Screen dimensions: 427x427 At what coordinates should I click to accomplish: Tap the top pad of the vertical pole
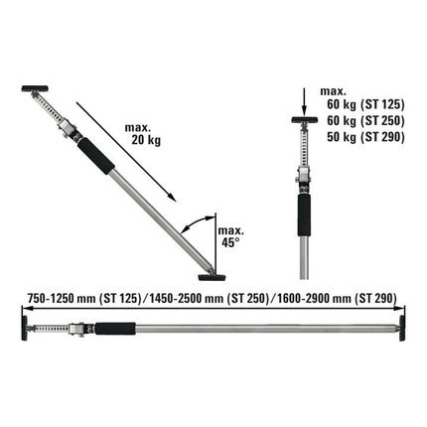pyautogui.click(x=302, y=123)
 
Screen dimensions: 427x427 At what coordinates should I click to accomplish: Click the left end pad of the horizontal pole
pyautogui.click(x=21, y=326)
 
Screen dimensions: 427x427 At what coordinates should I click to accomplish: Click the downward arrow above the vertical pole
pyautogui.click(x=302, y=104)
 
